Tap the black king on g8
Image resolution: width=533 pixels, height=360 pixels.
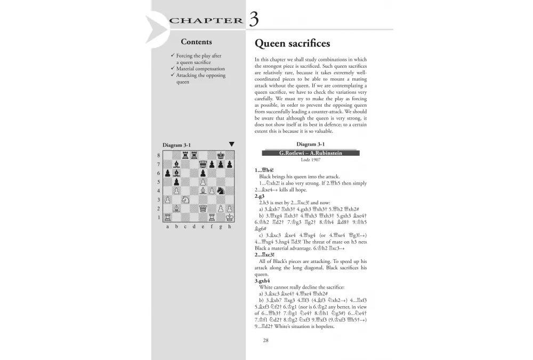pos(221,155)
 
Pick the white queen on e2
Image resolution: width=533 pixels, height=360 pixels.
pos(203,209)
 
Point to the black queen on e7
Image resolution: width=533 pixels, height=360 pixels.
pos(203,164)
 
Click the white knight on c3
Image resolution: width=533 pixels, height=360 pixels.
pos(185,199)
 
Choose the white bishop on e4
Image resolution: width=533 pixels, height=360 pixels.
pos(203,190)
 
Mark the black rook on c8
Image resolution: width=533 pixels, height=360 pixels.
pos(185,155)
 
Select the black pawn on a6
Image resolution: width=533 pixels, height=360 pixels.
pos(167,173)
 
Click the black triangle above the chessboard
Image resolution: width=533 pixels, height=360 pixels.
pos(231,144)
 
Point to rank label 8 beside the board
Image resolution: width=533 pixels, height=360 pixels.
pos(159,155)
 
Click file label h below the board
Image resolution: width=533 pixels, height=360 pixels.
pos(230,227)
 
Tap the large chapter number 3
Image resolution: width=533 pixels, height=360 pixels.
pos(254,19)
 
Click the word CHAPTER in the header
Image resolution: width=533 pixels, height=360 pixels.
pos(206,21)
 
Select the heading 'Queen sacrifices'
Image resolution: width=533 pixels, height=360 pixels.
pos(292,43)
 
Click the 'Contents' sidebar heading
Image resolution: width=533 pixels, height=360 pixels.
pos(196,42)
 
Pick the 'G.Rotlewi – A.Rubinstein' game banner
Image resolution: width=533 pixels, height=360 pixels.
pos(311,153)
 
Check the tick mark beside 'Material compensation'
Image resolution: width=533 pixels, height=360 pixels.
pos(172,69)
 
